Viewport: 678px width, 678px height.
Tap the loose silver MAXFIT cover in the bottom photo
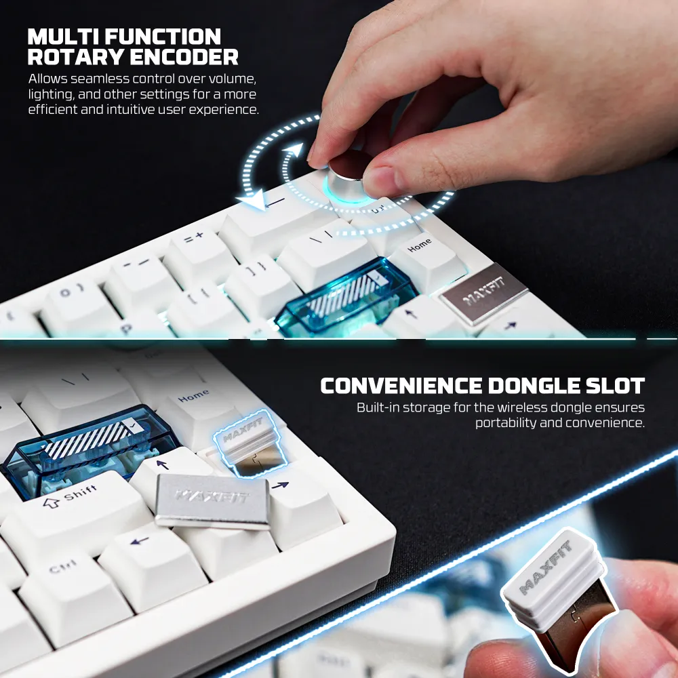213,500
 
